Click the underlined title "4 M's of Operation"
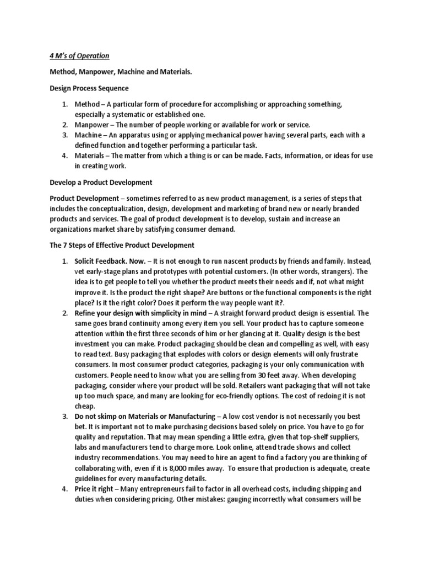(77, 56)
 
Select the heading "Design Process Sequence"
(90, 88)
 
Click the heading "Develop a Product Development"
(101, 182)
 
